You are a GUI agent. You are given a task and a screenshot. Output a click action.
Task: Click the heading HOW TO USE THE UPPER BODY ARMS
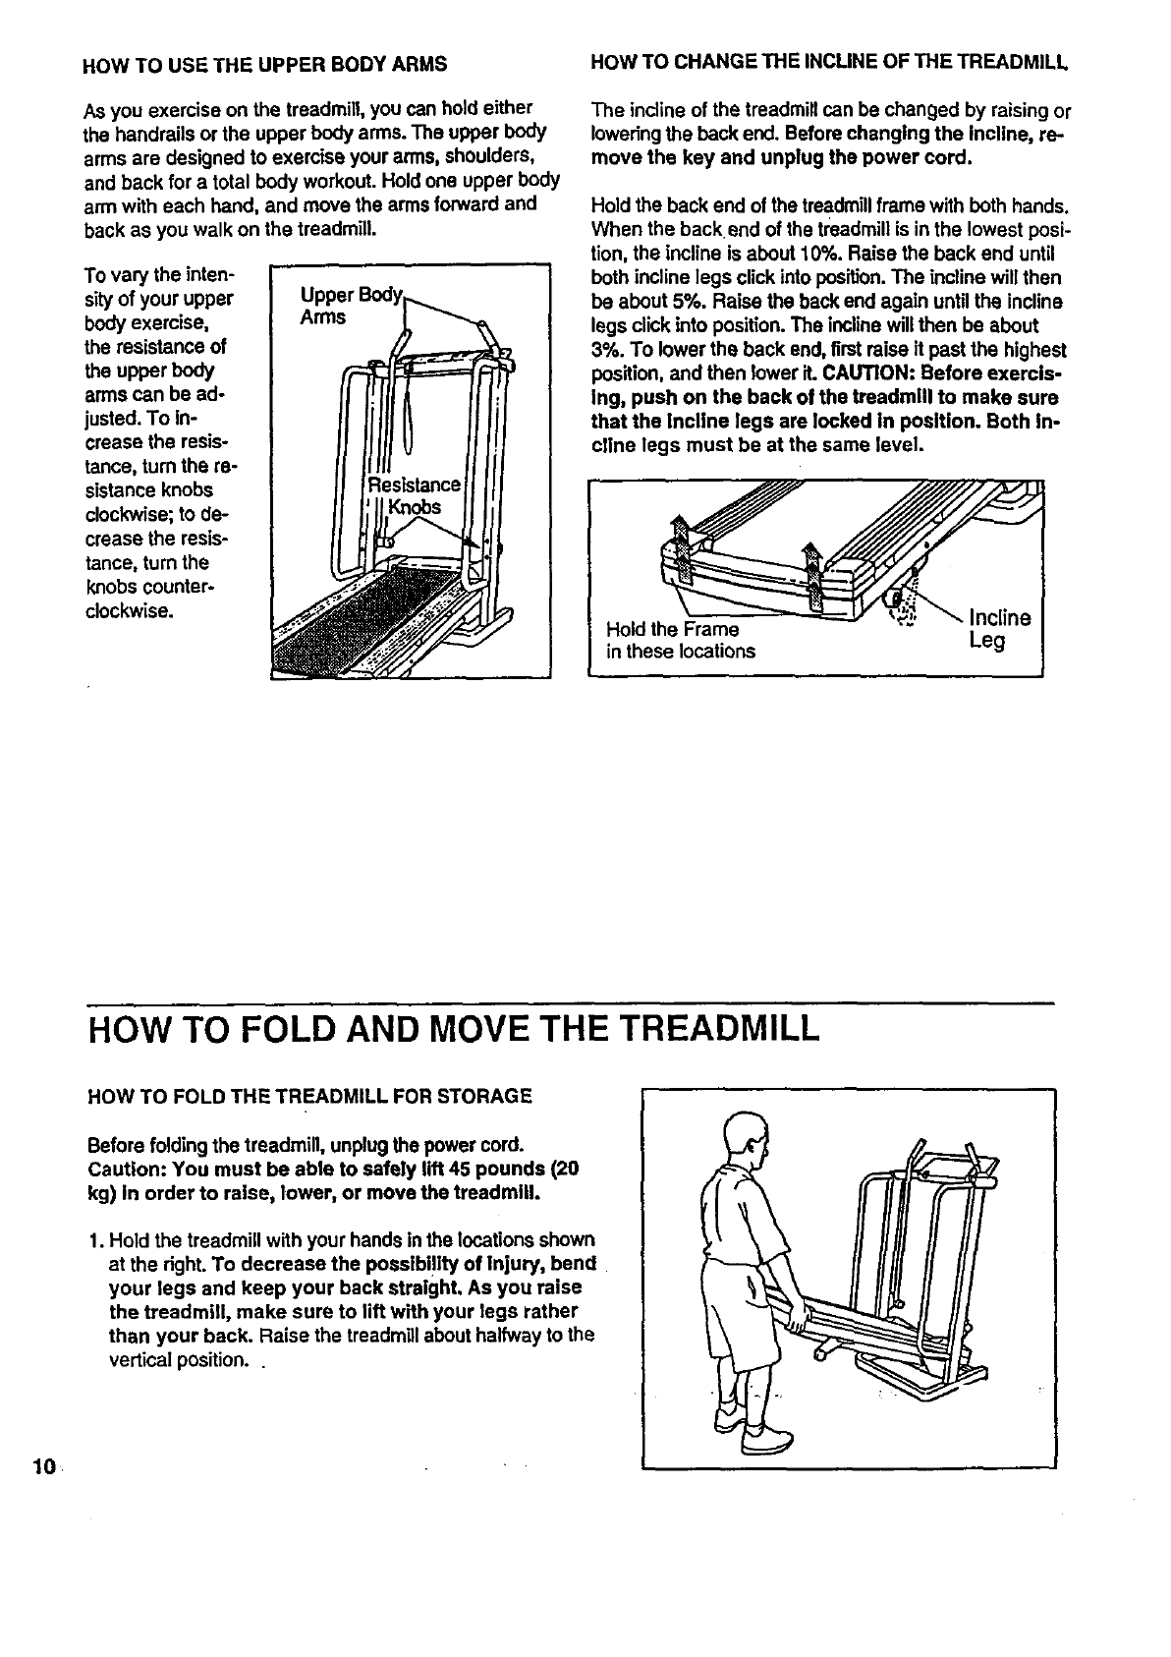tap(265, 66)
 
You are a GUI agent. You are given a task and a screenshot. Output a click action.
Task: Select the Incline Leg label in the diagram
tap(999, 629)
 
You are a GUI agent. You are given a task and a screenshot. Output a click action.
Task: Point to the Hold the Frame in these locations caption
tap(681, 640)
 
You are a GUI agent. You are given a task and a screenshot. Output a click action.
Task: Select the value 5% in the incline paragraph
tap(664, 302)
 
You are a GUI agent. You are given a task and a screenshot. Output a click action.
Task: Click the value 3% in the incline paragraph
tap(605, 350)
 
